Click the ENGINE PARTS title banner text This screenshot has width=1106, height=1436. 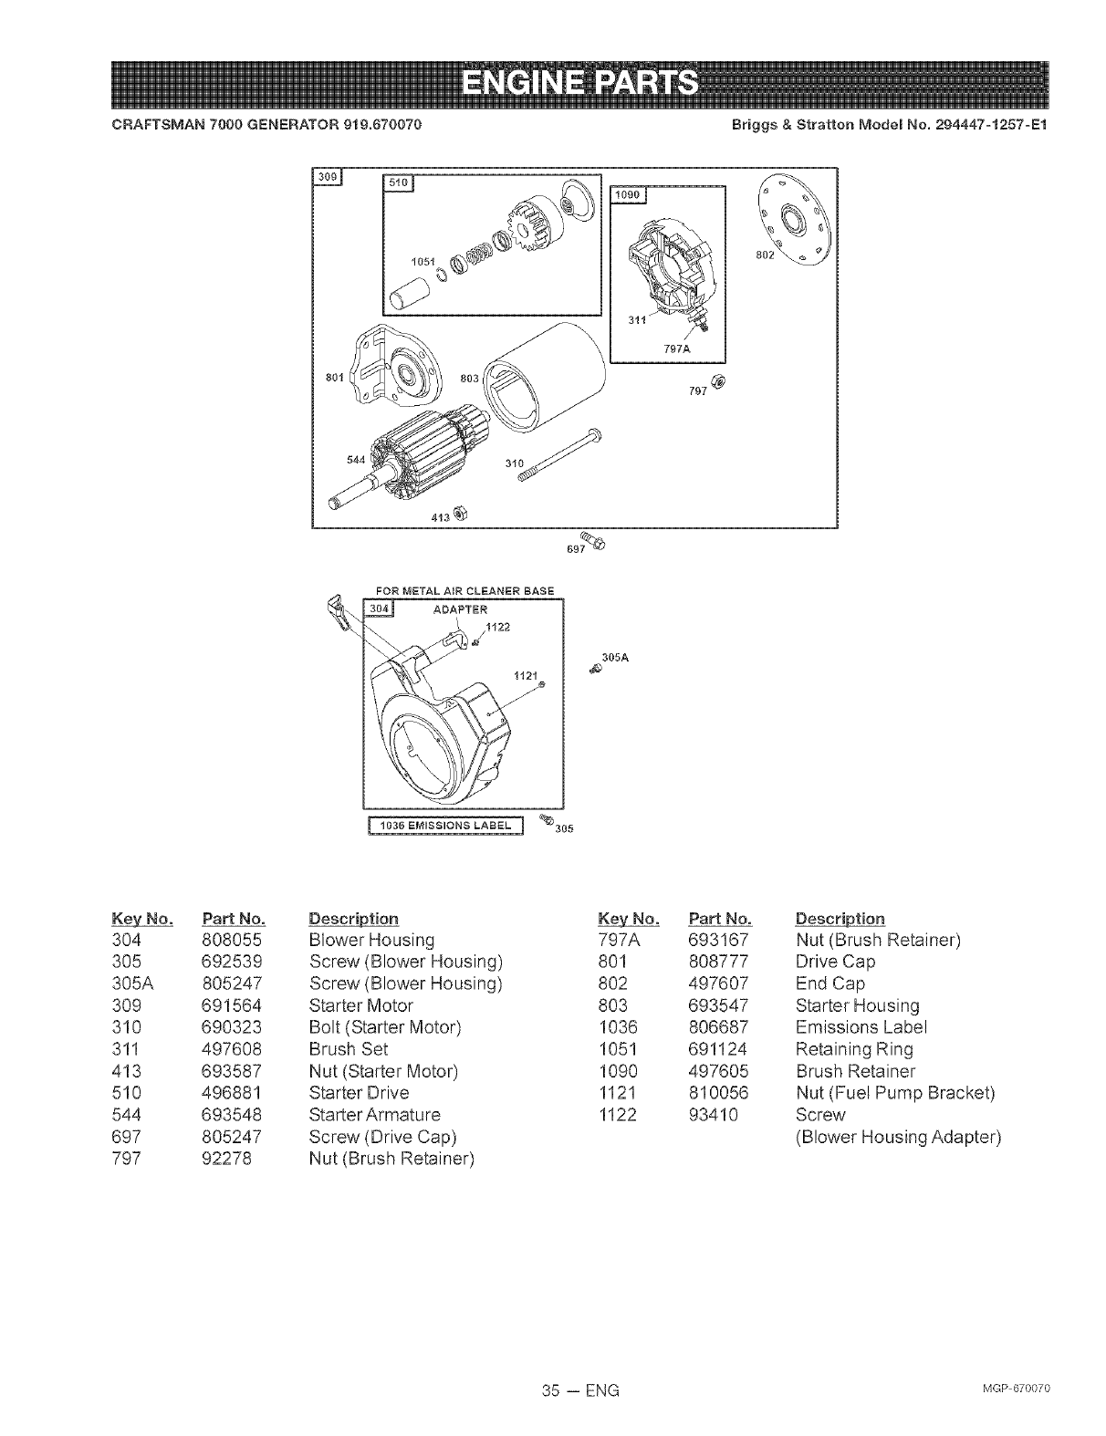click(x=579, y=84)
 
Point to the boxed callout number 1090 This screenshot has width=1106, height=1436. click(x=628, y=196)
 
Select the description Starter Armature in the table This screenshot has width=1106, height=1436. click(x=374, y=1114)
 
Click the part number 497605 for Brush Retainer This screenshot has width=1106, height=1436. click(x=719, y=1070)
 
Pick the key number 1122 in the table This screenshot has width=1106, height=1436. click(x=617, y=1114)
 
